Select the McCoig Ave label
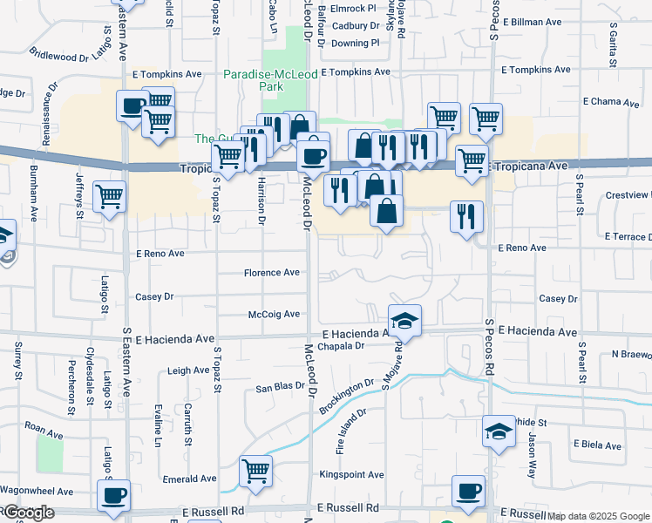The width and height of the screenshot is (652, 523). coord(274,314)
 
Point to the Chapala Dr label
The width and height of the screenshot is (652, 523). coord(340,345)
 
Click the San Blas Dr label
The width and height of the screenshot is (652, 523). coord(278,387)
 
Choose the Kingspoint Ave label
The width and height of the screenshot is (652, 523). coord(351,475)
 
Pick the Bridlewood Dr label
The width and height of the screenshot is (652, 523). coord(59,55)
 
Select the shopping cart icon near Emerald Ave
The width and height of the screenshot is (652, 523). coord(255,472)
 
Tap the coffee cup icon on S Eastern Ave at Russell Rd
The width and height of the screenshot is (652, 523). coord(113,496)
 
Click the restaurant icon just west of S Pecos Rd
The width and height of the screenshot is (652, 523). coord(466,215)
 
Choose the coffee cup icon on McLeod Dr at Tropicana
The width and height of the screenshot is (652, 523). coord(313,157)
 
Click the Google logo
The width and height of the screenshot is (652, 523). coord(29,513)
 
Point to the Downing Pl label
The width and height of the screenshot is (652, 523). coord(356,43)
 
